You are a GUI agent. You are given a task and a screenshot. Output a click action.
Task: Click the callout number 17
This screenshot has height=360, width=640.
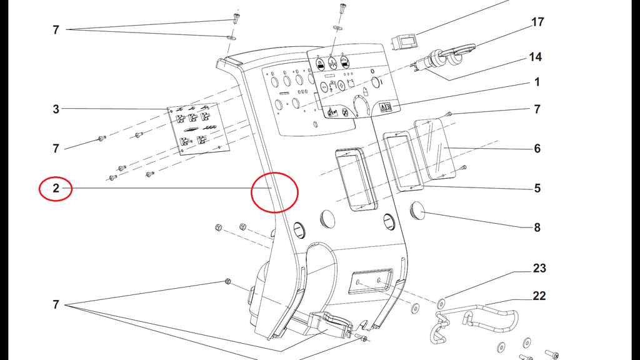537,22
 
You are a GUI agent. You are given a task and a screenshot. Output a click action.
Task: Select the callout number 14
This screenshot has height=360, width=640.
535,57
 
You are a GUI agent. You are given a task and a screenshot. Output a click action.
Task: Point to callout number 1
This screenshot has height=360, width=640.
537,82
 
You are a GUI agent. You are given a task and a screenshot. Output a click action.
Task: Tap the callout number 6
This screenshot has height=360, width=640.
537,148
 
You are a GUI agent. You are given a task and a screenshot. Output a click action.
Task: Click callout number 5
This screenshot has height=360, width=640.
537,187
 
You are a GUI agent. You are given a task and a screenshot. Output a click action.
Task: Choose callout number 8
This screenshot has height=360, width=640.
537,227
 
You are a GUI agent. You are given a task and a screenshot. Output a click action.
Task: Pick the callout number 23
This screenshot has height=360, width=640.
539,268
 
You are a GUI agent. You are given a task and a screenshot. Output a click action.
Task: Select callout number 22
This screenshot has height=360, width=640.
539,295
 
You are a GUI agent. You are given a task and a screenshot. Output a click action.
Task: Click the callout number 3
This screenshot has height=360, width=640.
56,109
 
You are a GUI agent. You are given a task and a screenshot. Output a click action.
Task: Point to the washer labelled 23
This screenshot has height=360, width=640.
441,302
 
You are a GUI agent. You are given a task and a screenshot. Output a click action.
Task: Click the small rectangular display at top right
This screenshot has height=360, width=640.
404,42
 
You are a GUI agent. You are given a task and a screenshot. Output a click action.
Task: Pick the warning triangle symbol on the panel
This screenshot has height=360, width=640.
386,107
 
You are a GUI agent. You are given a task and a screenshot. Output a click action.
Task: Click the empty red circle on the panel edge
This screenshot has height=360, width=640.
274,192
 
